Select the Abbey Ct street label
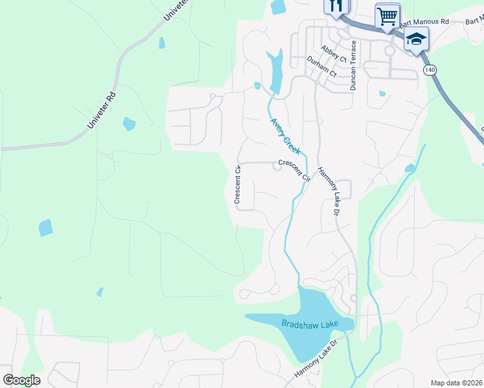click(334, 53)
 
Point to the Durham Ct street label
click(322, 66)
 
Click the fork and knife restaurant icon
click(336, 6)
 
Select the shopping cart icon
click(387, 16)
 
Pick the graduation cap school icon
click(415, 38)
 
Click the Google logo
click(21, 380)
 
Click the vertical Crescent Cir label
click(237, 185)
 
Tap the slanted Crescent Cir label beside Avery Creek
click(294, 170)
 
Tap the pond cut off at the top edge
click(278, 6)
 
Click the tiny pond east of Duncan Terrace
click(382, 94)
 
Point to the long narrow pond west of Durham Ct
click(276, 71)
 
